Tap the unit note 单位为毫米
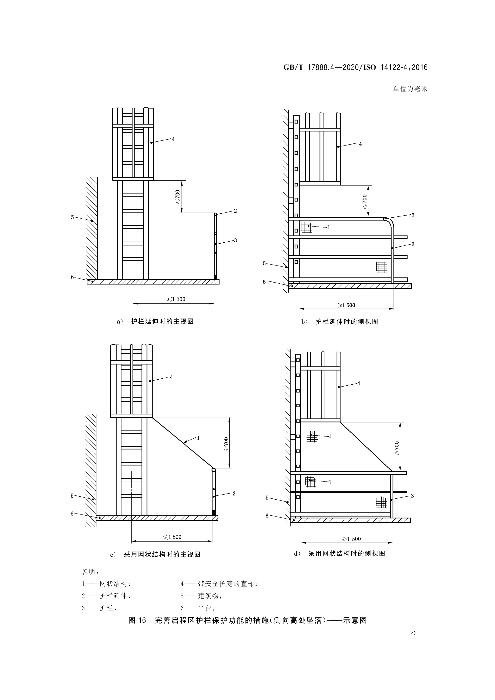tap(410, 89)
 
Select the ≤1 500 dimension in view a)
tap(176, 299)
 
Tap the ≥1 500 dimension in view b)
tap(346, 305)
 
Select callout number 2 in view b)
tap(413, 215)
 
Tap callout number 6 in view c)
tap(72, 514)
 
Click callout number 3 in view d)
tap(412, 496)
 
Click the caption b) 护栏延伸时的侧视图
tap(339, 322)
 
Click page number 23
tap(413, 633)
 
